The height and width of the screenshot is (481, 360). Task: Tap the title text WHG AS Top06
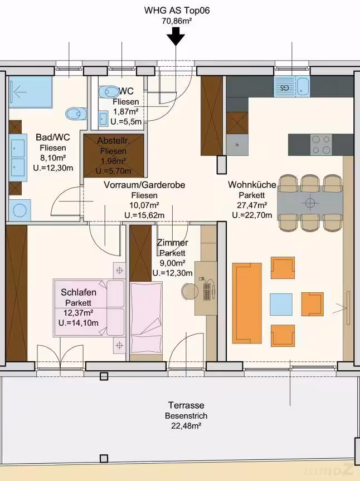[177, 11]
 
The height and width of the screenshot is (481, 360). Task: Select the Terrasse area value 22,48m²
[186, 426]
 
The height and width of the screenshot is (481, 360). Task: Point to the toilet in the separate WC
[109, 91]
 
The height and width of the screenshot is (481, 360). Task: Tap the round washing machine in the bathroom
[20, 210]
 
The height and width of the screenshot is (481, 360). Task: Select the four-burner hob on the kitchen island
[321, 145]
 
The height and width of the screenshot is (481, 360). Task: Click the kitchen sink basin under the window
[303, 86]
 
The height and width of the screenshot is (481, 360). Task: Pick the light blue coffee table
[281, 305]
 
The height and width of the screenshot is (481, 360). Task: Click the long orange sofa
[247, 303]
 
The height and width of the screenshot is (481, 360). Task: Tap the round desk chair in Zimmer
[189, 291]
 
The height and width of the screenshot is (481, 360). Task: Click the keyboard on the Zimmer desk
[207, 291]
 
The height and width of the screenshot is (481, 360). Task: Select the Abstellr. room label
[113, 141]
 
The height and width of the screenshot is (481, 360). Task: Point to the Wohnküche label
[252, 185]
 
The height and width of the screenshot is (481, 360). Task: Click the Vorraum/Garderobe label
[144, 185]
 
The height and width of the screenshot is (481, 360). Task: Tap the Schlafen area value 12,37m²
[79, 312]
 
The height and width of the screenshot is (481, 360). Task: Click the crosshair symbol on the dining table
[310, 203]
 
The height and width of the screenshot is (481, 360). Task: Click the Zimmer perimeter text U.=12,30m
[173, 273]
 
